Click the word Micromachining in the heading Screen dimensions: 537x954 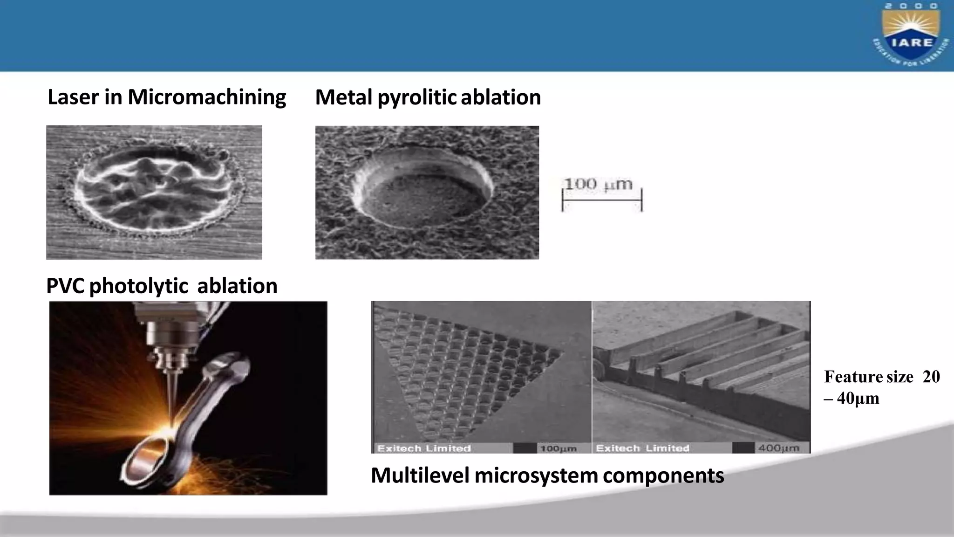pyautogui.click(x=207, y=97)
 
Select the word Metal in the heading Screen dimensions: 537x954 pyautogui.click(x=343, y=97)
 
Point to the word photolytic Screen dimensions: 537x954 pyautogui.click(x=138, y=286)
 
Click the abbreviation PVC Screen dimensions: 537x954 pyautogui.click(x=65, y=286)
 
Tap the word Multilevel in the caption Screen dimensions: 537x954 pyautogui.click(x=420, y=475)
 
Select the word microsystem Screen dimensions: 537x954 pyautogui.click(x=536, y=475)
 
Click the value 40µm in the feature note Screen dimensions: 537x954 pyautogui.click(x=858, y=399)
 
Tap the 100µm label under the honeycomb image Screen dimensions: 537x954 pyautogui.click(x=558, y=448)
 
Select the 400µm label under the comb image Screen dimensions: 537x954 pyautogui.click(x=778, y=448)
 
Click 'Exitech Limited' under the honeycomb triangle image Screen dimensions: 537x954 pyautogui.click(x=424, y=448)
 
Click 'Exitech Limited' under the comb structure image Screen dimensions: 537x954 pyautogui.click(x=642, y=448)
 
